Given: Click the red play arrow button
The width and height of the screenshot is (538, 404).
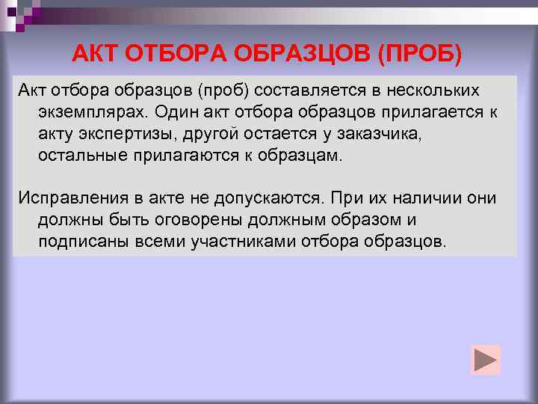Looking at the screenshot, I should pyautogui.click(x=486, y=360).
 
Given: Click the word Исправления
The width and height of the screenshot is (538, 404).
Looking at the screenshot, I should pyautogui.click(x=69, y=198).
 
